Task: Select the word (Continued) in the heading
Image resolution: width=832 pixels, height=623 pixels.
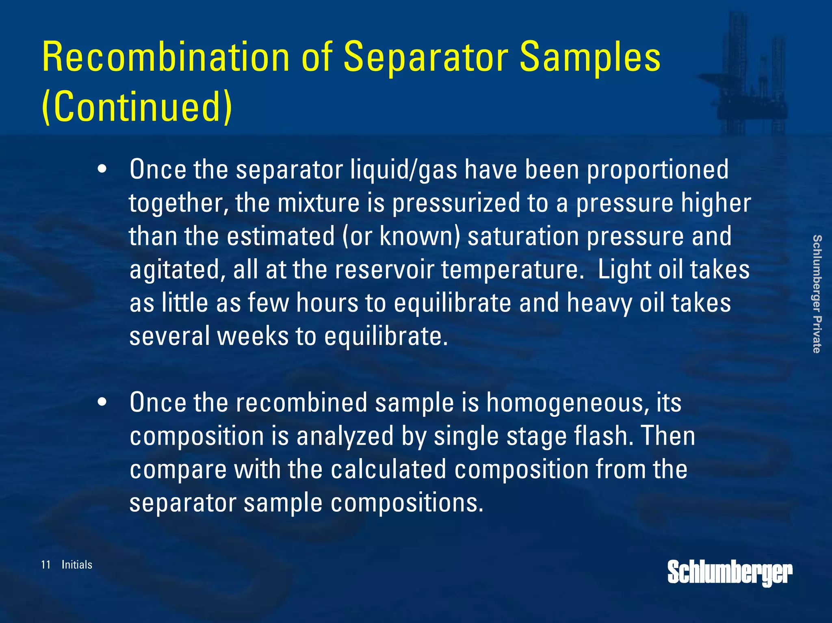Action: click(x=137, y=106)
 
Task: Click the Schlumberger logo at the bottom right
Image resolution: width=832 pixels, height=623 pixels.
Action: click(x=730, y=573)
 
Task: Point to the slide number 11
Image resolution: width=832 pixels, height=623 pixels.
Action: click(x=45, y=565)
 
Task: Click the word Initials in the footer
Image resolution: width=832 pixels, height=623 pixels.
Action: click(x=77, y=565)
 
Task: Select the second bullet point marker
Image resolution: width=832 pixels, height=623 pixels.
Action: click(x=102, y=402)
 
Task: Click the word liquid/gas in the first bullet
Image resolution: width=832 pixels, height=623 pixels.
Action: click(x=403, y=169)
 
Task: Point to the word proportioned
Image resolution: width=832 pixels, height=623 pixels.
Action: click(x=658, y=169)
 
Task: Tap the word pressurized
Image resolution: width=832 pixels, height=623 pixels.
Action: click(x=456, y=203)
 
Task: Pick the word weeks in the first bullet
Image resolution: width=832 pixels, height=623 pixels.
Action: click(x=252, y=336)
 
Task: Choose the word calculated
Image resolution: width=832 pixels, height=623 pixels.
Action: click(x=388, y=469)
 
